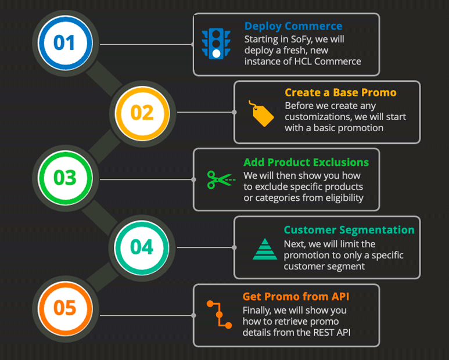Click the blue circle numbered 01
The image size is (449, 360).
[x=65, y=43]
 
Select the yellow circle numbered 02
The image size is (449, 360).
[x=142, y=113]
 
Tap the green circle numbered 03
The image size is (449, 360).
[x=65, y=178]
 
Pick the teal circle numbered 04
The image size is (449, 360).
[x=142, y=247]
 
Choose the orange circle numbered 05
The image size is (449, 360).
[x=65, y=308]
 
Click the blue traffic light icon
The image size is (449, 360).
[x=216, y=44]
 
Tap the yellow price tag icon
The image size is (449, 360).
[x=261, y=113]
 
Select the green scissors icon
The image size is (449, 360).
[x=221, y=180]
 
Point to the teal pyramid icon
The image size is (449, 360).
[x=265, y=249]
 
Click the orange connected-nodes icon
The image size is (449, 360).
[x=220, y=315]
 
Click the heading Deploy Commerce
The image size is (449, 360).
[x=293, y=26]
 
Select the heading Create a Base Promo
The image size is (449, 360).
[x=340, y=92]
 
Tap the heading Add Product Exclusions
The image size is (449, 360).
[x=306, y=162]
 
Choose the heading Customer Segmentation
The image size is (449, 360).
[x=349, y=230]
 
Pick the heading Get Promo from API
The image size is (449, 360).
[x=296, y=297]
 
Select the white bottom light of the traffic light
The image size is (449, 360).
[x=217, y=53]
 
